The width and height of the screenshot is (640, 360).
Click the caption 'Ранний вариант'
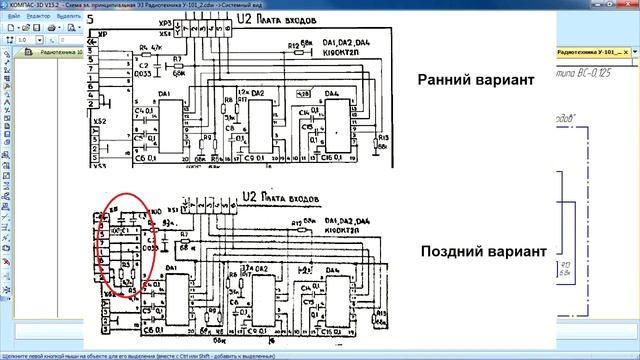click(472, 80)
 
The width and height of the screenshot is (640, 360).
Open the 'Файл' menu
click(9, 17)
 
